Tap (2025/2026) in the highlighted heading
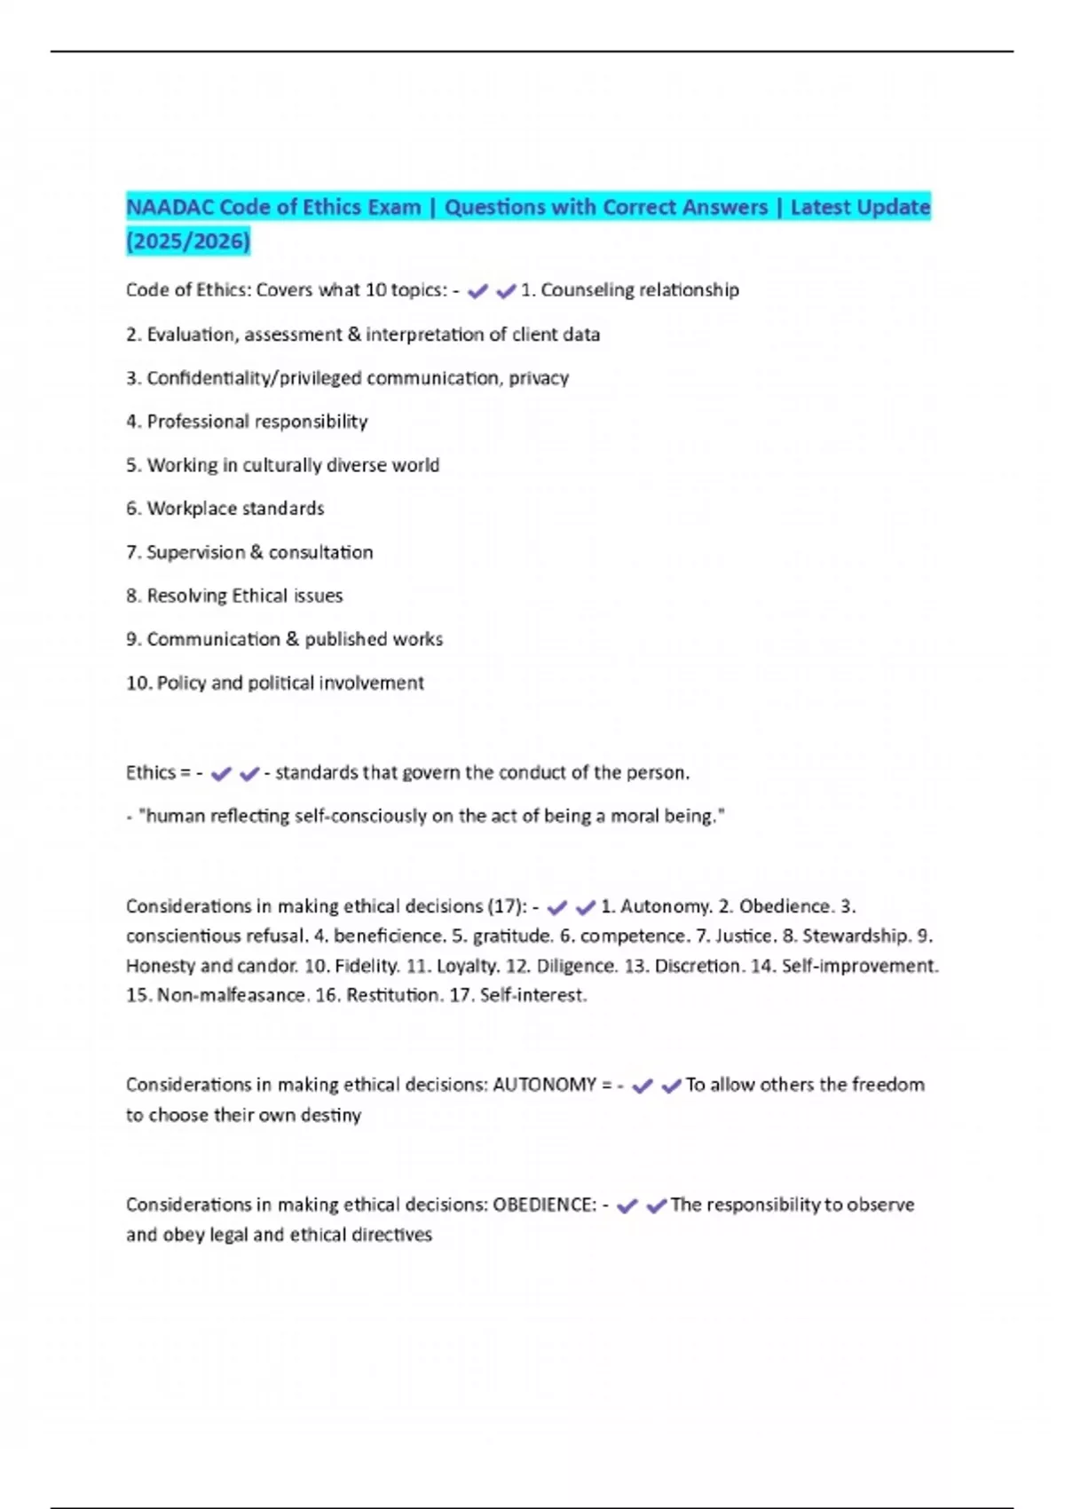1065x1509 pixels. coord(188,241)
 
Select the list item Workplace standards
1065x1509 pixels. coord(235,509)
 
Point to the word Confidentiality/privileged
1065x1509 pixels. coord(254,378)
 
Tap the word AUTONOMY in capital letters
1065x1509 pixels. coord(544,1085)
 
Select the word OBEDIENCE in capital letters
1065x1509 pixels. coord(544,1205)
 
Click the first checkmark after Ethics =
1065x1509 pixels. coord(221,773)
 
